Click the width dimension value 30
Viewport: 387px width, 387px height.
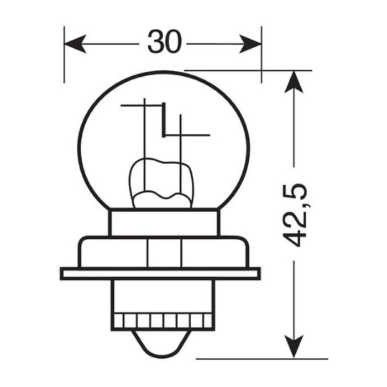[164, 43]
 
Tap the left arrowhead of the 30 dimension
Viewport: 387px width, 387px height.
[75, 43]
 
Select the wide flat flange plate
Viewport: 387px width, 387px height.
[160, 273]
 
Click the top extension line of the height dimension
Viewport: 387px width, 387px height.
[249, 70]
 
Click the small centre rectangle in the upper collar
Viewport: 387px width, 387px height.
[164, 253]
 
